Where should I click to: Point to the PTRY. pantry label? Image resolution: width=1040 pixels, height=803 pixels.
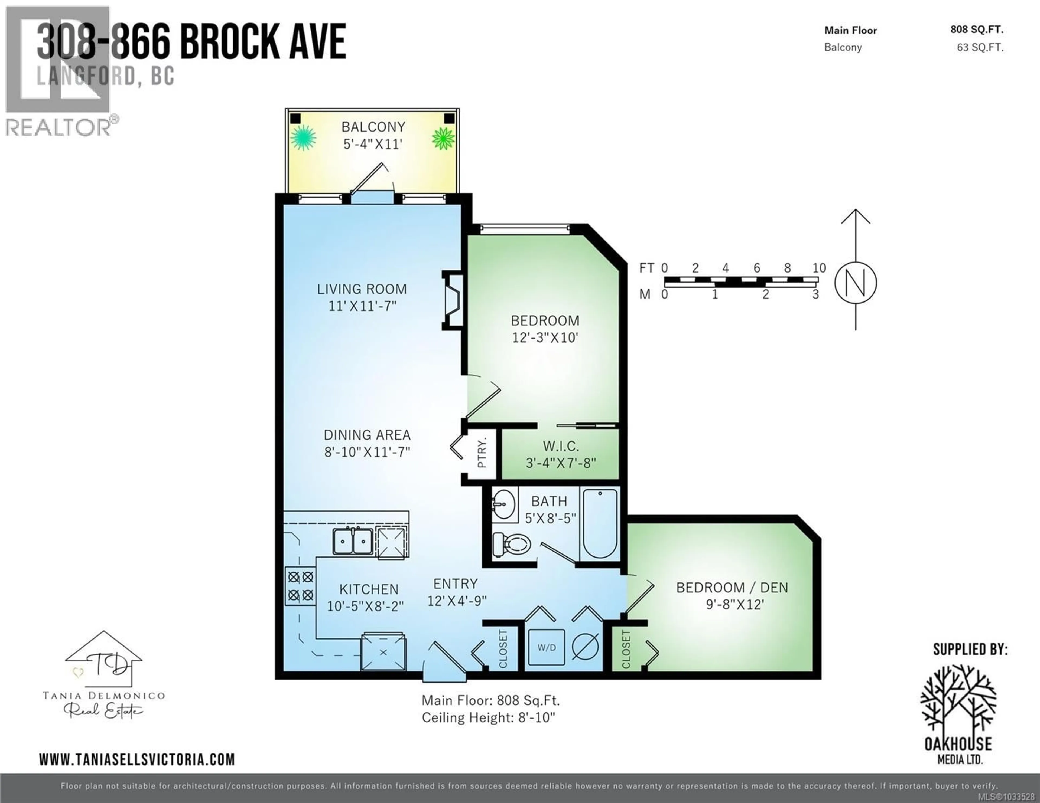482,453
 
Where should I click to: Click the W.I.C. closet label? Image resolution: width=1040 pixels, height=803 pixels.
561,447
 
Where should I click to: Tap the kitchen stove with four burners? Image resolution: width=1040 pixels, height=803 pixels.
300,586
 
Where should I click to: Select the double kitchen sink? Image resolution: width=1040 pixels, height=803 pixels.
353,541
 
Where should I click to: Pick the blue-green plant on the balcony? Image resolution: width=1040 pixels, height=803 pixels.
303,138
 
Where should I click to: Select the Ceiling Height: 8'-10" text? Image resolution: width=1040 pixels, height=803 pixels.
489,717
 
